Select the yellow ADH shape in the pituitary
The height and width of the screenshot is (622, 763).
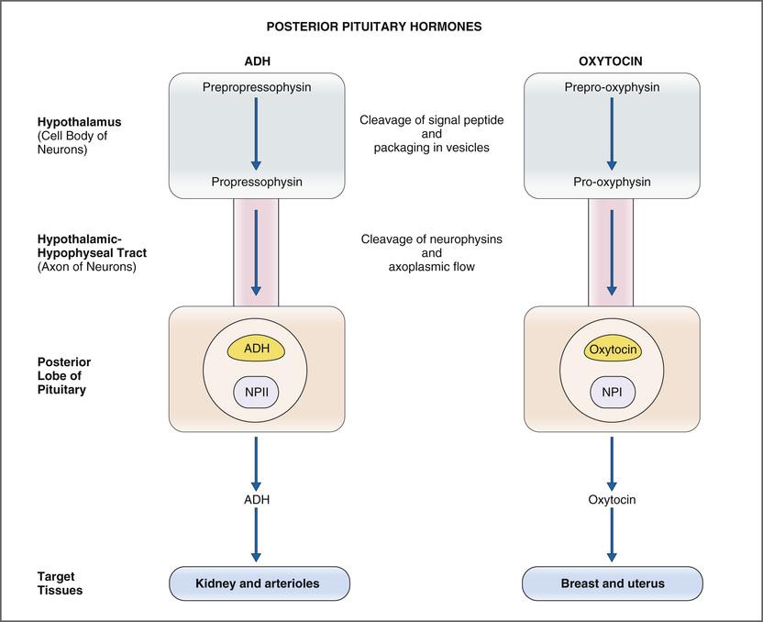(x=256, y=349)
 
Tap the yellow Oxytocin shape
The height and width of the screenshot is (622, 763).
(x=612, y=350)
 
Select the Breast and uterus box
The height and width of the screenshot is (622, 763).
(x=612, y=583)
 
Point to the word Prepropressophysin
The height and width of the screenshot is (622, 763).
(x=256, y=88)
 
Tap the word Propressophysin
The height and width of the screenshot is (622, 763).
(x=256, y=182)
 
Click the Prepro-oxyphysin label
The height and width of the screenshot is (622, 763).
(x=612, y=88)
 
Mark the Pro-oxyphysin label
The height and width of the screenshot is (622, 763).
(x=612, y=182)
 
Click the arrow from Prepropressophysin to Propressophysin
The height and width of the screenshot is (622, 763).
(x=256, y=134)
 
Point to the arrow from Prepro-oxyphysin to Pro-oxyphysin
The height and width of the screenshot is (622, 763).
(x=612, y=134)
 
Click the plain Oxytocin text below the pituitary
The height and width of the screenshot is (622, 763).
(x=612, y=500)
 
